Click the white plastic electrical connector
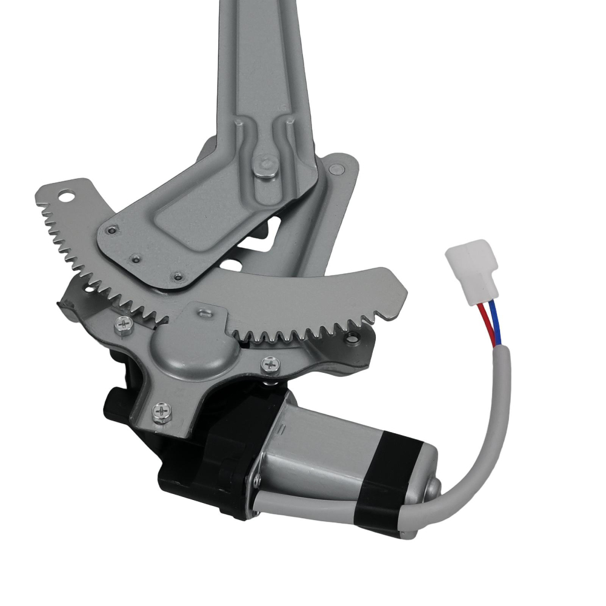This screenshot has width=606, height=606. [472, 270]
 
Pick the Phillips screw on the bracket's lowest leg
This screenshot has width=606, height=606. [162, 411]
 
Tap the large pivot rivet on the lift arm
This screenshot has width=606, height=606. [264, 165]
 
